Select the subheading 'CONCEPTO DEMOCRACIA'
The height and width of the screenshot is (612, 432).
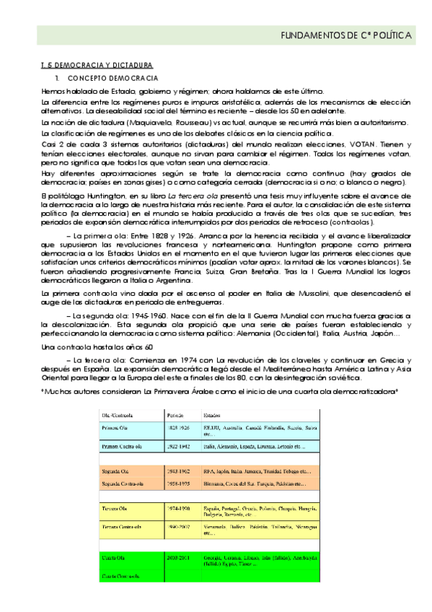(x=107, y=78)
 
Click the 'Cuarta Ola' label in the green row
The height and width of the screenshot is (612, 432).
(x=114, y=558)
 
